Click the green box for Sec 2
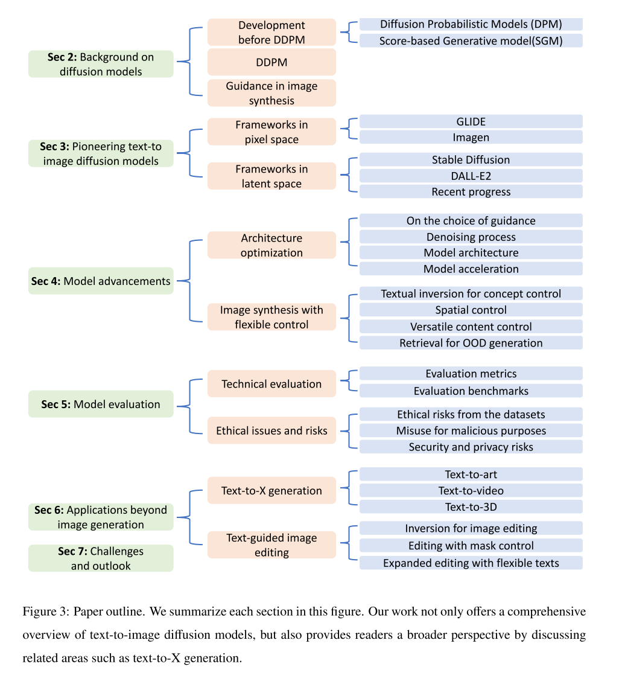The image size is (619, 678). point(101,64)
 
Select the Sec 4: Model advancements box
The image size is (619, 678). point(101,281)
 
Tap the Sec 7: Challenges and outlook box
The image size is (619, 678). point(101,558)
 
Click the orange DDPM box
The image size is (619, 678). point(271,62)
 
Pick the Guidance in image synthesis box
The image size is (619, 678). point(271,93)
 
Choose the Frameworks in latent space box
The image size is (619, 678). point(271,176)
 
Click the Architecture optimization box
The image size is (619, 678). point(271,245)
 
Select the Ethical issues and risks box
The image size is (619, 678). point(271,430)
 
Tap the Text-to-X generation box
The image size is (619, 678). point(271,490)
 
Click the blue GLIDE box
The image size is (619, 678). point(471,121)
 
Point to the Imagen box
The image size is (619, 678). point(471,137)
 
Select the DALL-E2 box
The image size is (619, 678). point(471,176)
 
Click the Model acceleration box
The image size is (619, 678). point(471,269)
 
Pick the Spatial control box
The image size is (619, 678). point(471,310)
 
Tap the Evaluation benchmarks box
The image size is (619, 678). point(471,391)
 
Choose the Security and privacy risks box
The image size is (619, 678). point(471,447)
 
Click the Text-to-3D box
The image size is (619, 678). point(471,507)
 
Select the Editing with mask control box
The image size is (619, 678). point(471,545)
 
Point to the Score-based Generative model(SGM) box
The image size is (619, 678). point(471,40)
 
